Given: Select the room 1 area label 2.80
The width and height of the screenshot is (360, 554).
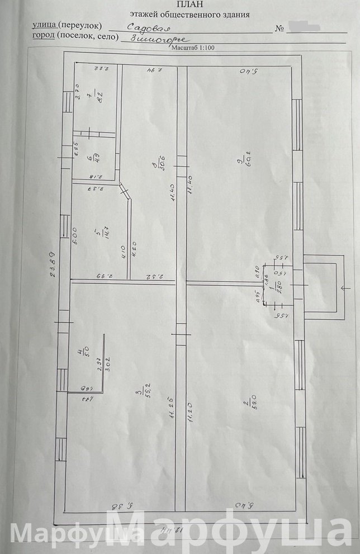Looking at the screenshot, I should [x=274, y=288].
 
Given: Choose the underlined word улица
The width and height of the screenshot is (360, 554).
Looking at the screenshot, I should [x=45, y=26].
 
